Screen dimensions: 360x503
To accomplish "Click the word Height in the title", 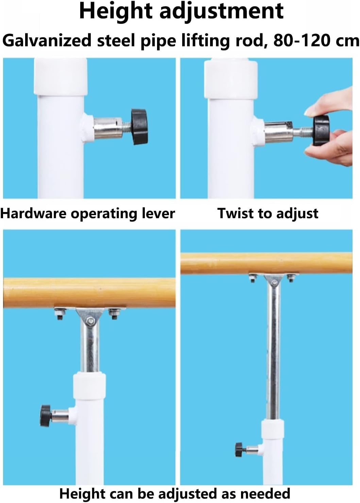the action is pos(116,12).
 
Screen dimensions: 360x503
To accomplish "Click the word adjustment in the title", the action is pos(221,12).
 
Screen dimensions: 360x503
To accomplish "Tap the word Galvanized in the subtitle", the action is pos(47,41).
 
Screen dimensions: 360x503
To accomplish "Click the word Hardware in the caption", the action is pos(33,213).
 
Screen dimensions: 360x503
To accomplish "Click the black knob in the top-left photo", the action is pos(140,127).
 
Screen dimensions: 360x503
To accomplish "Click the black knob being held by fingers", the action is pos(321,130).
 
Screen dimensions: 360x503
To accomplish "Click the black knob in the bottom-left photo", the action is pos(46,416).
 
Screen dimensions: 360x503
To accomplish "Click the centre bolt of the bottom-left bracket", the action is pos(90,321).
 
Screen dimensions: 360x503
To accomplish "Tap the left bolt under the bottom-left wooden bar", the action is pos(60,313).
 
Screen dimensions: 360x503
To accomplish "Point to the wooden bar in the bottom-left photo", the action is pos(89,293).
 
